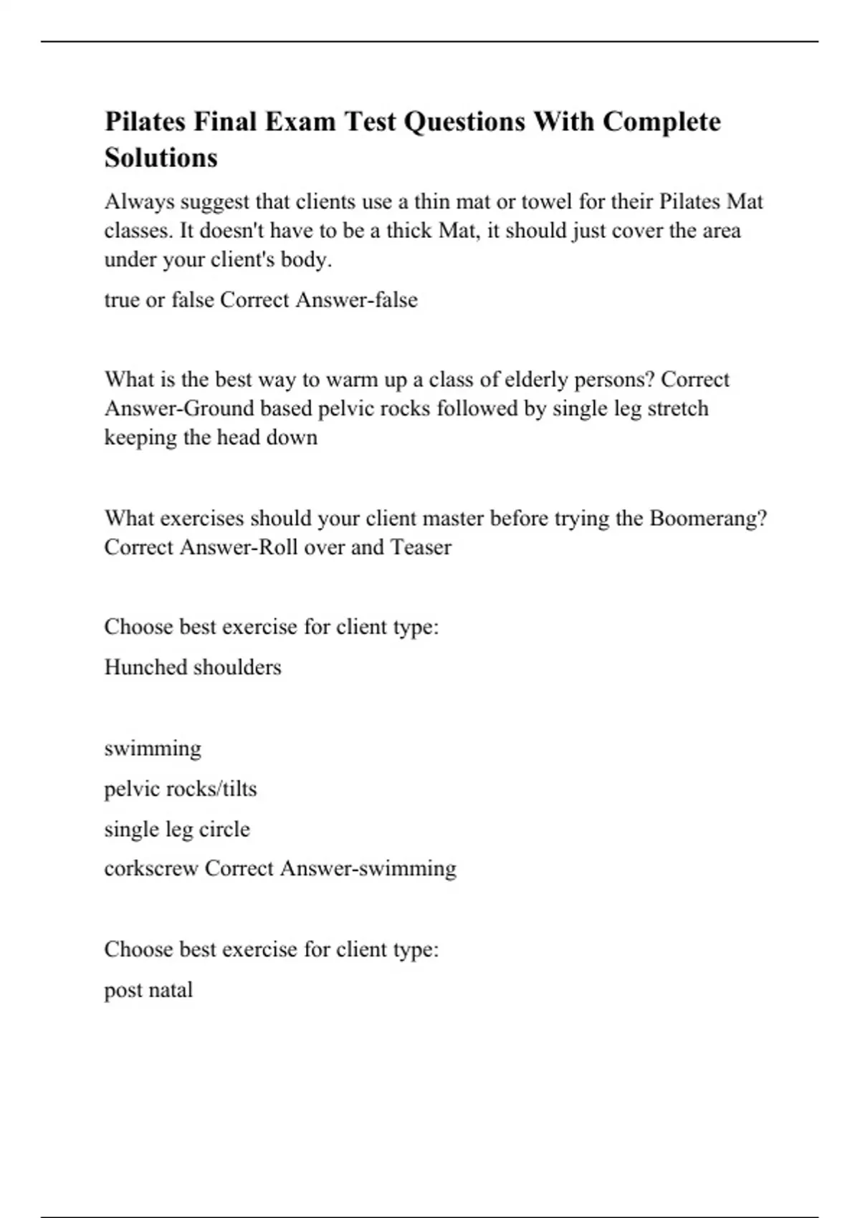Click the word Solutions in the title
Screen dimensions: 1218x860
(161, 158)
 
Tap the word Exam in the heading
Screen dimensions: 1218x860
(300, 122)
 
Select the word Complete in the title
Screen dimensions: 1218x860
(661, 122)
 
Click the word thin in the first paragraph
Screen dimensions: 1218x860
(431, 202)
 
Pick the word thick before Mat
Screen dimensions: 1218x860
(409, 231)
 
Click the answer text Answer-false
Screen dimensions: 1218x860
(356, 299)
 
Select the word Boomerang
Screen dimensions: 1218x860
(707, 518)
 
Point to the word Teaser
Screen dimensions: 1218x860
(421, 547)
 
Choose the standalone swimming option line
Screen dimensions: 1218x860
(153, 749)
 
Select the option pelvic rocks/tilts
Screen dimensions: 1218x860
(181, 789)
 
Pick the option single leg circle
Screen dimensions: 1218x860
(177, 829)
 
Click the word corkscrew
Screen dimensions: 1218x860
(151, 868)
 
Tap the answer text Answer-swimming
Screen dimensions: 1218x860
(368, 868)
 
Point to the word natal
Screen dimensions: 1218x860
(171, 990)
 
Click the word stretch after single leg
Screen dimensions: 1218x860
(677, 408)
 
